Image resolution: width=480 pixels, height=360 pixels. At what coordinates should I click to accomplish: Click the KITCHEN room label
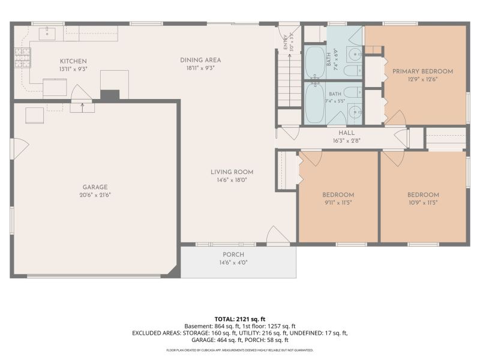pos(73,61)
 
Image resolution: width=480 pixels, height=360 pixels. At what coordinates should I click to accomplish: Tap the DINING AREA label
pos(200,61)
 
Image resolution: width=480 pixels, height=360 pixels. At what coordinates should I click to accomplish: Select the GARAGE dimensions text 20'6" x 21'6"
pos(95,194)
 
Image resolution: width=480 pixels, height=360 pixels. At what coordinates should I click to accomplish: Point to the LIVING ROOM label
pos(232,172)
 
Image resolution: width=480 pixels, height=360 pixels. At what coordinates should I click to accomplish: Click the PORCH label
pos(233,254)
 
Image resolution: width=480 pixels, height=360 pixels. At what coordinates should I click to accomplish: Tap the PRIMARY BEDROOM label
pos(423,71)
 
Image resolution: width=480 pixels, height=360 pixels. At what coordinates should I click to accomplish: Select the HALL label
pos(347,133)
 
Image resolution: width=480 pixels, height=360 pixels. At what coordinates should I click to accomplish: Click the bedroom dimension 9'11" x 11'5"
pos(338,203)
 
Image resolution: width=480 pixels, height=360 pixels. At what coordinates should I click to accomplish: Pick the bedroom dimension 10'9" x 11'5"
pos(423,203)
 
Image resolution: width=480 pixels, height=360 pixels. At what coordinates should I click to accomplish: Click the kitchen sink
pos(47,34)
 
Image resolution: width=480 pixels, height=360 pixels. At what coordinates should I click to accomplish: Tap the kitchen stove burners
pos(23,58)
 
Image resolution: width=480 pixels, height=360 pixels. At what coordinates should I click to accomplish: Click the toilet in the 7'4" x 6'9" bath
pos(353,71)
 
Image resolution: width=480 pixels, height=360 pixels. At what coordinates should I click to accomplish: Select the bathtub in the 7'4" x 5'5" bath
pos(314,103)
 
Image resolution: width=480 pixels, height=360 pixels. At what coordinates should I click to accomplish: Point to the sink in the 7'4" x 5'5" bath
pos(355,113)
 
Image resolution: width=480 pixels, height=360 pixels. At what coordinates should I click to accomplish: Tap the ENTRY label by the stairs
pos(286,42)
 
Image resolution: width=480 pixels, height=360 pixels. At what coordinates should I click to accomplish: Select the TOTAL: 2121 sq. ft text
pos(239,319)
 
